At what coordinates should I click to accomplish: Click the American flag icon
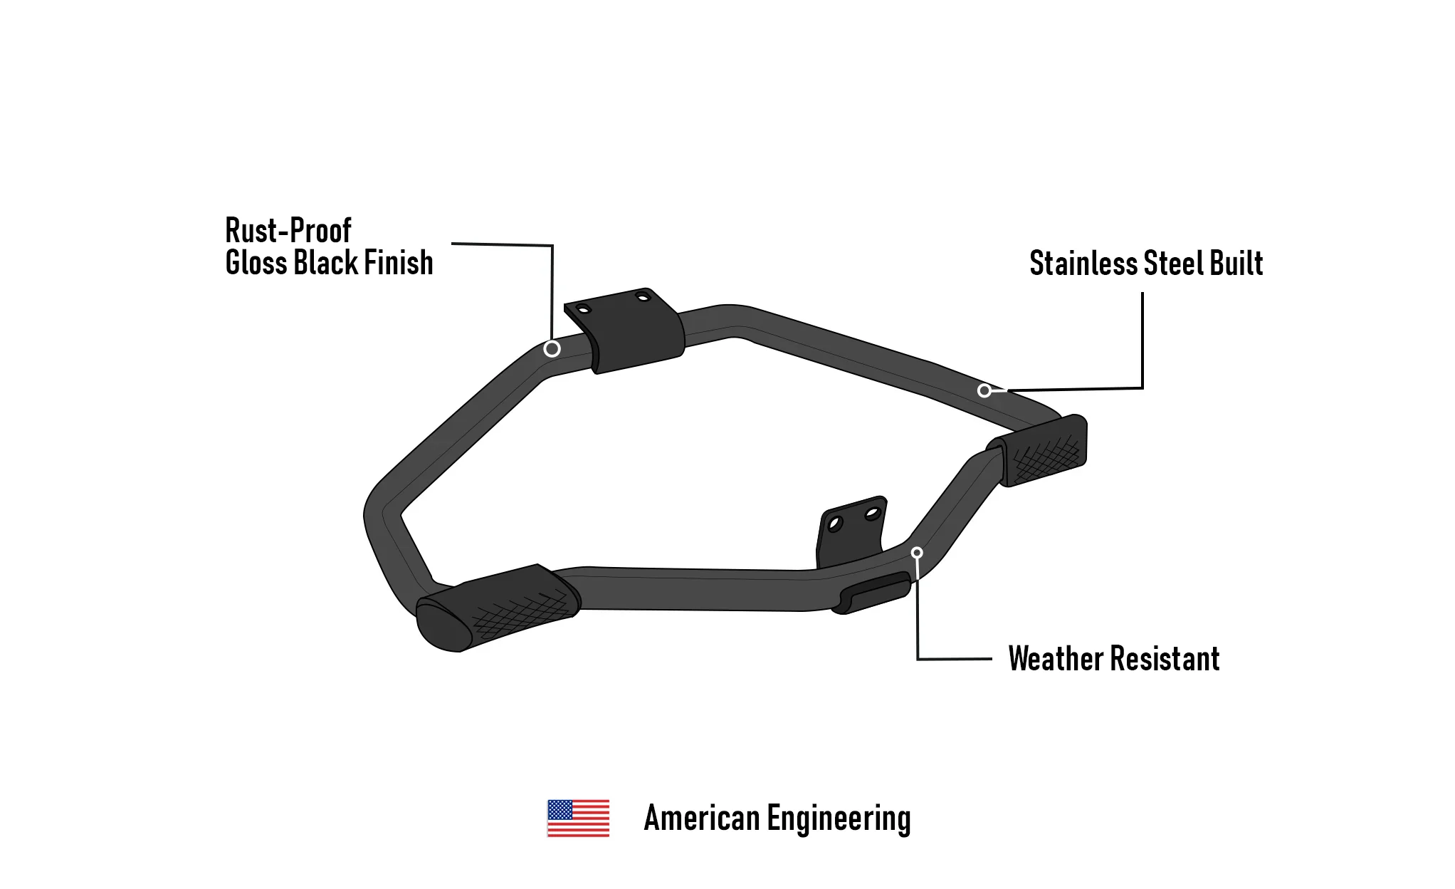click(x=578, y=818)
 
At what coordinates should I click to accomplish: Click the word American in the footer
click(x=702, y=818)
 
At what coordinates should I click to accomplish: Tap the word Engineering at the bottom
click(x=839, y=819)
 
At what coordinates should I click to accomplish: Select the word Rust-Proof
click(x=288, y=231)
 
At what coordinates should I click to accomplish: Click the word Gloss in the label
click(x=256, y=263)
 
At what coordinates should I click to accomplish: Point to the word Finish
click(x=399, y=263)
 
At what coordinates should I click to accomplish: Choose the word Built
click(x=1236, y=264)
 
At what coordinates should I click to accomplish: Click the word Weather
click(x=1057, y=659)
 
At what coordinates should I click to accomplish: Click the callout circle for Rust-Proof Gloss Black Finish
click(x=552, y=348)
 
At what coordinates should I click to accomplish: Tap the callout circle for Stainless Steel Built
click(x=984, y=390)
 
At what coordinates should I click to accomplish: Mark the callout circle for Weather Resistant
click(x=917, y=553)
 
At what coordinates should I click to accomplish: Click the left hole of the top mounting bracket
click(x=583, y=309)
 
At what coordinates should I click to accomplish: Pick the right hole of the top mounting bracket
click(x=643, y=296)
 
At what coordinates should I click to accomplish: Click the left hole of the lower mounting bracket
click(x=835, y=525)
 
